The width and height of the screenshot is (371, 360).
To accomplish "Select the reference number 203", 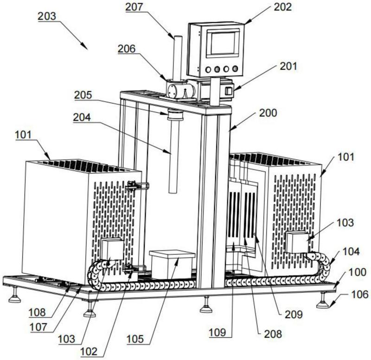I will pyautogui.click(x=48, y=16).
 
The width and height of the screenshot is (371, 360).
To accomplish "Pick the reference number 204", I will pyautogui.click(x=83, y=117).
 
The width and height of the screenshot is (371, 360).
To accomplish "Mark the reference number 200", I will pyautogui.click(x=268, y=113).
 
